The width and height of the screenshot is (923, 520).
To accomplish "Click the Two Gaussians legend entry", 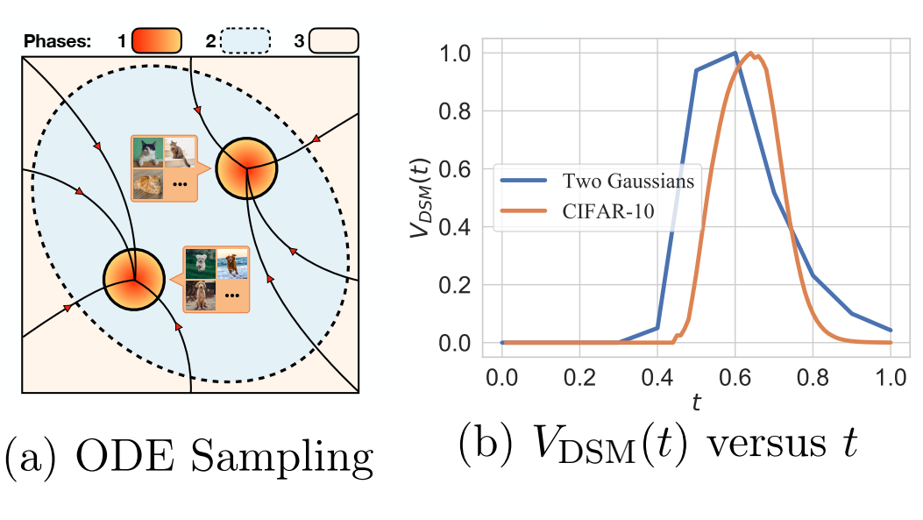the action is [x=597, y=181].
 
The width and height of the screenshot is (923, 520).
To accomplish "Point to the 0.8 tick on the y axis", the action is [x=454, y=111].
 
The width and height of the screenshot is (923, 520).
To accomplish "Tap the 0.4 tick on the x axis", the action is [x=657, y=377].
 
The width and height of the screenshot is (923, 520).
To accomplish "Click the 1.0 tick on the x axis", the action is [x=890, y=377].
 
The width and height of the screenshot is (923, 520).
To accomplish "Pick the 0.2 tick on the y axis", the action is [x=454, y=285].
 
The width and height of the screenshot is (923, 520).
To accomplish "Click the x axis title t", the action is [x=696, y=402].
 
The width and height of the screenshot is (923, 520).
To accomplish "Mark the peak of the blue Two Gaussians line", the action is [x=735, y=53].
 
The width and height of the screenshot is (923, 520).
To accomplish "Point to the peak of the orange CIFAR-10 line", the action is [x=750, y=53].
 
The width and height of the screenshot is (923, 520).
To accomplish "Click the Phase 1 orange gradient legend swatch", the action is [x=157, y=40].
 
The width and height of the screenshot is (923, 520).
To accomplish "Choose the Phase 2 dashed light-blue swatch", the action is [x=245, y=40].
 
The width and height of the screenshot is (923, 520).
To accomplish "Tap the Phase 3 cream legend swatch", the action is [x=334, y=40].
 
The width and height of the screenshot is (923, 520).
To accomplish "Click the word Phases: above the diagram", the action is [x=57, y=41].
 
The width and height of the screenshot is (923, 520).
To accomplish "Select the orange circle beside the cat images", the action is [x=246, y=168].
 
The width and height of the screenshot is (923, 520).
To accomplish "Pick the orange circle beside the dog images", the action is [x=134, y=279].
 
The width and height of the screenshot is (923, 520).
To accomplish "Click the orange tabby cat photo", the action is [x=148, y=184].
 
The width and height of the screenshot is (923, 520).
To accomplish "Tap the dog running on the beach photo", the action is [x=232, y=264].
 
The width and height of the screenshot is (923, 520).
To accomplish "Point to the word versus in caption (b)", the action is [x=766, y=444].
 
